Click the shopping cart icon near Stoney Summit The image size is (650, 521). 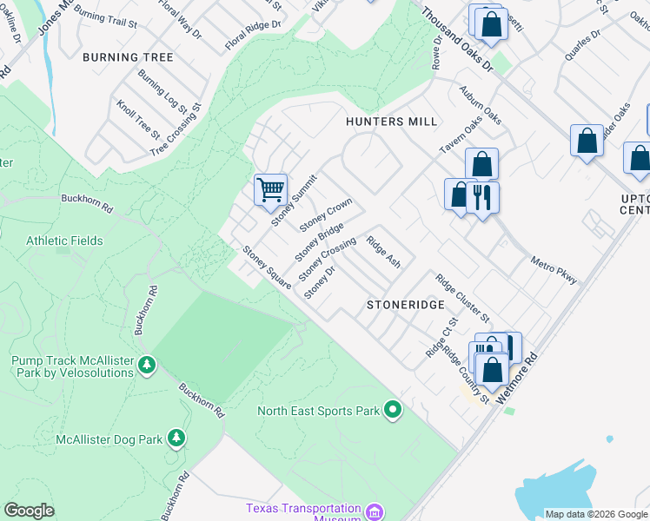tap(270, 188)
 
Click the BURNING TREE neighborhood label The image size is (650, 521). tap(128, 57)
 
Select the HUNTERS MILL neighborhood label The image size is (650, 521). tap(391, 122)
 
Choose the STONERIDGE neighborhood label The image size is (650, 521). tap(406, 305)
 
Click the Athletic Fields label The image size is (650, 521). tap(64, 241)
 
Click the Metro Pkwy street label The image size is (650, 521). tap(554, 269)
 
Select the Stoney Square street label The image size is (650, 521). tap(266, 267)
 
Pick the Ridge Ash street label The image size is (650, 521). tap(383, 252)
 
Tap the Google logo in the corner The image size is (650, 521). tap(29, 511)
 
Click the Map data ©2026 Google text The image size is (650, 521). tap(595, 514)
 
